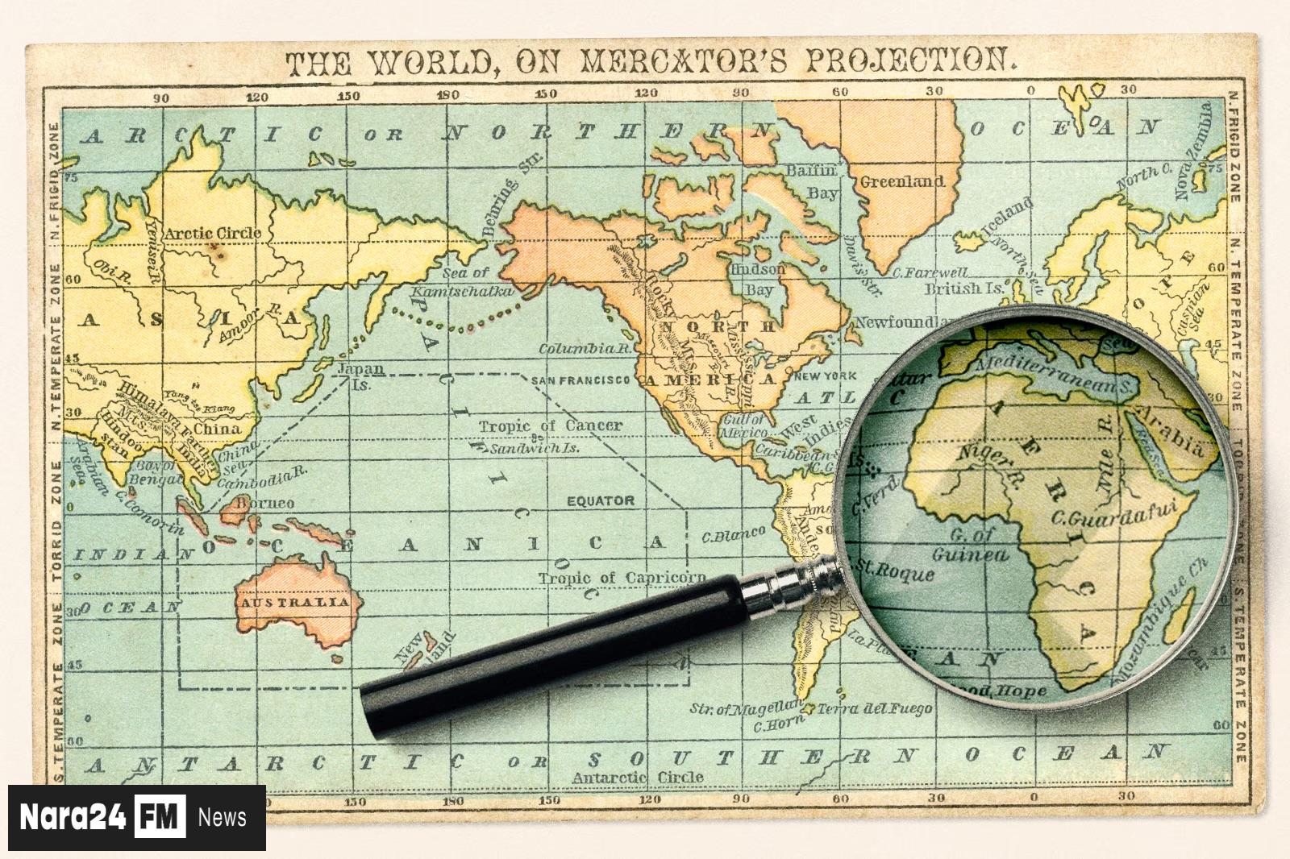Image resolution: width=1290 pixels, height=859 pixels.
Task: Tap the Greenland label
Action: point(901,181)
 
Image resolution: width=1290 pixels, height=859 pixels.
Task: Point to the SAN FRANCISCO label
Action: point(580,380)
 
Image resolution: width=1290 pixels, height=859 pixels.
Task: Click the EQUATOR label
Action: point(600,500)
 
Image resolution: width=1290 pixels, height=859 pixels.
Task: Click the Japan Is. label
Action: point(360,376)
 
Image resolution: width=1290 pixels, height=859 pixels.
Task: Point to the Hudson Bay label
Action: point(758,279)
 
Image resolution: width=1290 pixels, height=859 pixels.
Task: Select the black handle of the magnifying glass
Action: point(548,653)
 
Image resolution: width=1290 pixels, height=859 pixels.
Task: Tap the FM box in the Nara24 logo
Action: point(160,817)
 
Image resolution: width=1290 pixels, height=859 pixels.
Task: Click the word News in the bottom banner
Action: point(222,817)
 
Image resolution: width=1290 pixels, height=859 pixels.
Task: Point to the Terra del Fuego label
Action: point(874,709)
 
